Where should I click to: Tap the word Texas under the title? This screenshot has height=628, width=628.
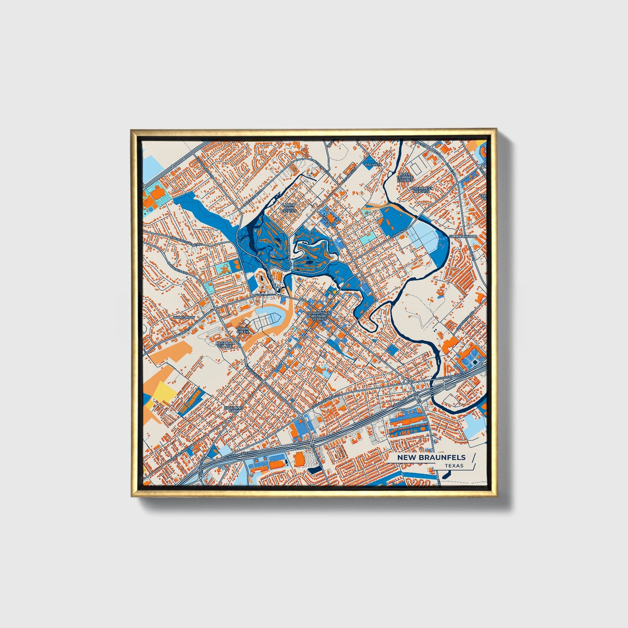click(454, 466)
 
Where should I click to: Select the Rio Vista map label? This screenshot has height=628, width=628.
click(372, 165)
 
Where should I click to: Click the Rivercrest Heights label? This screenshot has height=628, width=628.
click(420, 190)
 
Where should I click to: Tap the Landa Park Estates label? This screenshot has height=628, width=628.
click(289, 208)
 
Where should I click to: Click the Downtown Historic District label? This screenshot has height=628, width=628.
click(319, 316)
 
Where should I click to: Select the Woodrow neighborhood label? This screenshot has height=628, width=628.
click(184, 318)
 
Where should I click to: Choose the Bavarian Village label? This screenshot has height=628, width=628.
click(225, 344)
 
